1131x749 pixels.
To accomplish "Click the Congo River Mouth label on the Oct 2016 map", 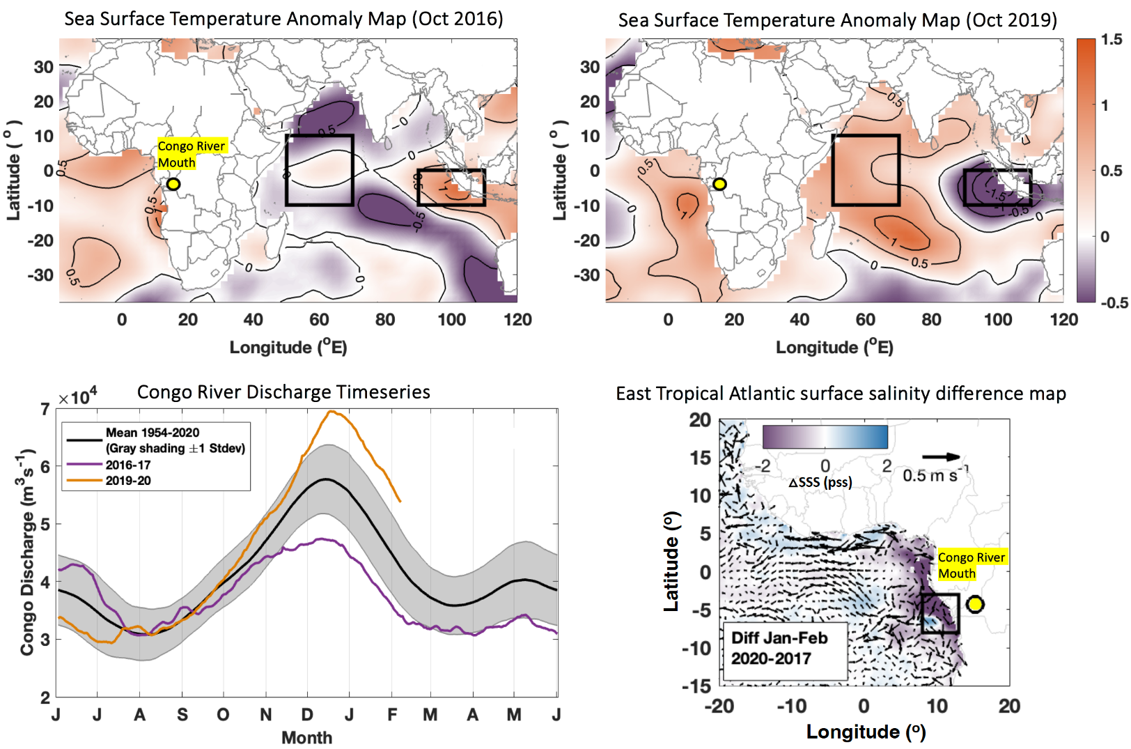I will point(191,154).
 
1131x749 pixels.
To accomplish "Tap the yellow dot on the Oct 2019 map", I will point(719,184).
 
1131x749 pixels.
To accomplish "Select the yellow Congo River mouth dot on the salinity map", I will point(975,604).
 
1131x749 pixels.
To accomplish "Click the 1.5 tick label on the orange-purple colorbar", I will point(1111,40).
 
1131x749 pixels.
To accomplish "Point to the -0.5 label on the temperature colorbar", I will point(1113,302).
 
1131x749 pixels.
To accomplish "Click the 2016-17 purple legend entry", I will point(128,465).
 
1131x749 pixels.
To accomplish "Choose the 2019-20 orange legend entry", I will point(128,481).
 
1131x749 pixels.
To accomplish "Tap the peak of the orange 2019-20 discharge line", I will point(331,411).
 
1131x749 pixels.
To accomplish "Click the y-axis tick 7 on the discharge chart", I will point(45,410).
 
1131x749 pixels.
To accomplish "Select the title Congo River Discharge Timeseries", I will point(283,392).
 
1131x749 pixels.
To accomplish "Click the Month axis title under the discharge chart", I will point(306,737).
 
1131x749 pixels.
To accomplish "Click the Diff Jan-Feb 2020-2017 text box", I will point(779,648).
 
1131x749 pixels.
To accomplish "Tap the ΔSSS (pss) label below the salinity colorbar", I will point(820,482).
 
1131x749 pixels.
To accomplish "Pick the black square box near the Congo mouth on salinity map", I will point(940,613).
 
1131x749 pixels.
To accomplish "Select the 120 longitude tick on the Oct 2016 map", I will point(517,320).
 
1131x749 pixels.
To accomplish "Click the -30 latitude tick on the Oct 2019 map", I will point(589,275).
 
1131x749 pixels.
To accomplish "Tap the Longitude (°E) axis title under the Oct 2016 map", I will point(288,347).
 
